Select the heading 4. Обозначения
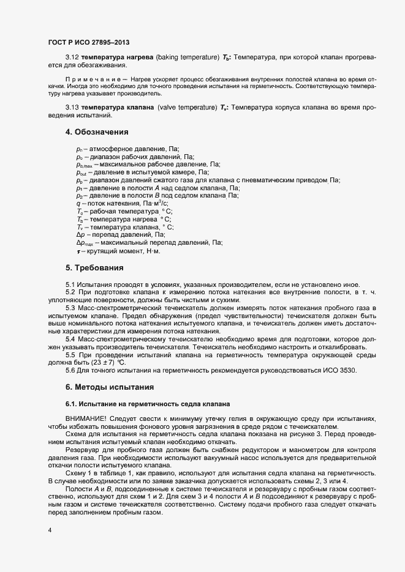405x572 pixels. (x=97, y=132)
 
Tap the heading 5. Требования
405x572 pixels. (x=95, y=268)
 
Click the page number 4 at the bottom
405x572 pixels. (x=50, y=530)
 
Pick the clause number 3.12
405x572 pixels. (x=73, y=57)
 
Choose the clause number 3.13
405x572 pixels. (x=73, y=108)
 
